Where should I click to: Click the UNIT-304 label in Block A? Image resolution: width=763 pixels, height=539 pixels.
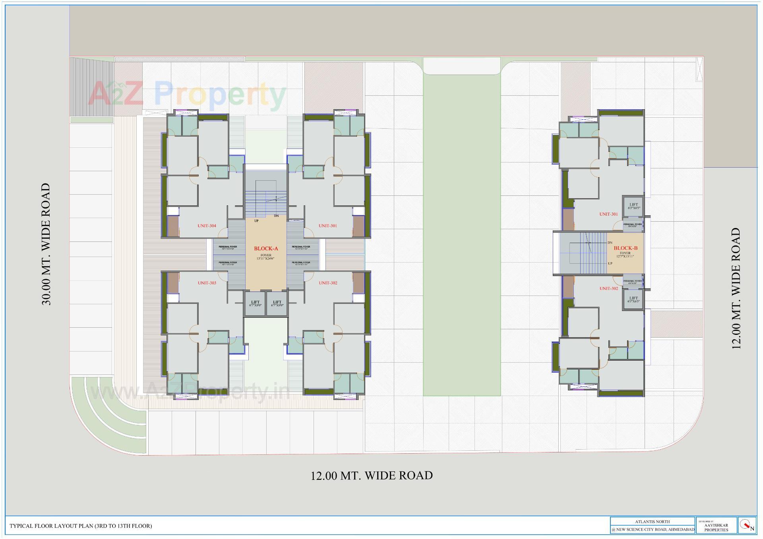click(x=207, y=226)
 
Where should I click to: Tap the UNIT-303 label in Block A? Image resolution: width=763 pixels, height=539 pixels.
click(x=207, y=283)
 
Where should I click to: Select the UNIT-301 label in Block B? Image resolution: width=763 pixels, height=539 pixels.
click(x=608, y=214)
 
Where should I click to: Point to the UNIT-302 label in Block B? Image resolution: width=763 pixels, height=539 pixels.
click(x=608, y=288)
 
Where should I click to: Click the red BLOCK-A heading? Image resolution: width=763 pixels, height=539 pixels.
click(x=266, y=249)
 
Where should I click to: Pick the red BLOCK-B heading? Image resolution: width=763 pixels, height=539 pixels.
click(x=626, y=248)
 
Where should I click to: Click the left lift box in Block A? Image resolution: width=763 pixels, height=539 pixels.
click(x=255, y=304)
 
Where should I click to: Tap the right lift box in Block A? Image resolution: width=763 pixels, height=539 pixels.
click(x=277, y=304)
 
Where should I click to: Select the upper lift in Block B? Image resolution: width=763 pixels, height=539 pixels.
click(x=633, y=206)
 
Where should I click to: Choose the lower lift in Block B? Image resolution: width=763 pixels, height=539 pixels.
click(x=633, y=299)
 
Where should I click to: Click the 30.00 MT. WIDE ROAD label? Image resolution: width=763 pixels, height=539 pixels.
click(x=46, y=244)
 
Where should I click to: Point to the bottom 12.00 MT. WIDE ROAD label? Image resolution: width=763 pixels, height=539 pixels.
click(x=372, y=475)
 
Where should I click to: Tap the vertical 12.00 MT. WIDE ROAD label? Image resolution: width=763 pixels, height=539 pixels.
click(x=736, y=288)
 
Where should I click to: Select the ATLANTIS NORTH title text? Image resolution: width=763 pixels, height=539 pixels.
click(x=652, y=522)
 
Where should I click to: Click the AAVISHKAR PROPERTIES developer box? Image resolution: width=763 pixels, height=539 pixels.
click(x=716, y=525)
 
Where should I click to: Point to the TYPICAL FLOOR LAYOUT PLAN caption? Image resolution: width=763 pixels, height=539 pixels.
click(x=81, y=526)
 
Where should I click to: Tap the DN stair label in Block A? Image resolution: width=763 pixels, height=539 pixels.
click(x=276, y=216)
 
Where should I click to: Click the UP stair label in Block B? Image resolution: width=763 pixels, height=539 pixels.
click(x=610, y=263)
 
